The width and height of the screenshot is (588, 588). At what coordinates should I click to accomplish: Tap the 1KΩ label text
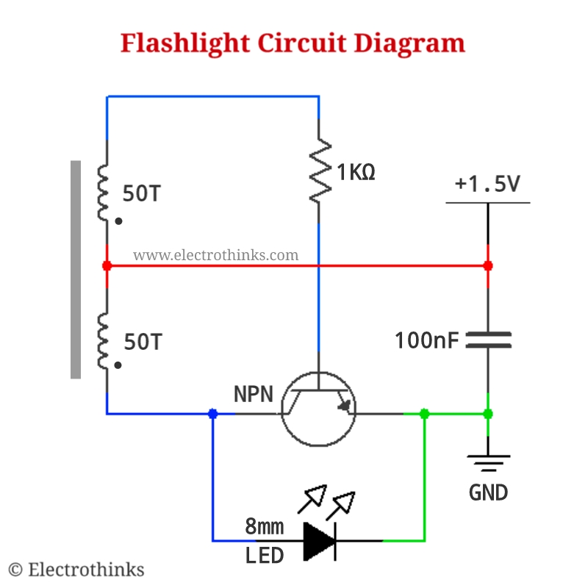pos(356,173)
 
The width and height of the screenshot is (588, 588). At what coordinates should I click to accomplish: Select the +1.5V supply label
pos(487,184)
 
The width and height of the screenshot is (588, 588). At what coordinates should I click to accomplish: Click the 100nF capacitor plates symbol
pos(488,339)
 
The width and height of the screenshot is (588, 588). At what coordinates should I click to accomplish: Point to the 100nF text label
pos(426,340)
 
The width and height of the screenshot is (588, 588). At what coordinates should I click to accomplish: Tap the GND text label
pos(488,492)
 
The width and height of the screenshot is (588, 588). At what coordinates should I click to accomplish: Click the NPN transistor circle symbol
pos(318,409)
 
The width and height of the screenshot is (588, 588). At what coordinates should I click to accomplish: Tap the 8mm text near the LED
pos(264,527)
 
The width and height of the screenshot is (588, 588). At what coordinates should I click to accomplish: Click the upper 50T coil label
pos(142,194)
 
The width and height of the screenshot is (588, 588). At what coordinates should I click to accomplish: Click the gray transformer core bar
pos(76,269)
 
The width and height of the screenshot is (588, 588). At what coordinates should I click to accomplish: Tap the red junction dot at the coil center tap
pos(107,265)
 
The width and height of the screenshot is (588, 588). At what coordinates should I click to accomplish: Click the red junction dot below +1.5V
pos(488,265)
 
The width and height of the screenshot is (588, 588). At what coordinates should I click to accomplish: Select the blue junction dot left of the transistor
pos(213,414)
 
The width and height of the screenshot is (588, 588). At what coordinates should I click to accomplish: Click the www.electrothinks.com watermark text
pos(215,255)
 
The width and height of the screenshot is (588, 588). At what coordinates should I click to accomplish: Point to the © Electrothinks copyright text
pos(76,570)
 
